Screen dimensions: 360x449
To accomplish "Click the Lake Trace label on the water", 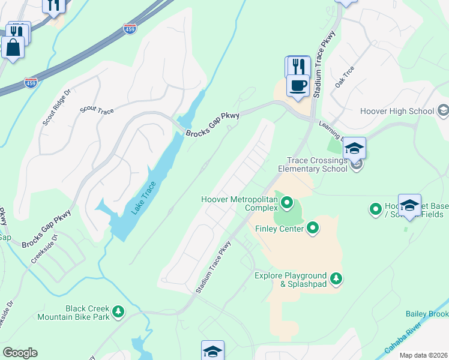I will click(x=144, y=198).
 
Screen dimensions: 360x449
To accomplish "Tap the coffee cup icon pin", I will click(x=298, y=85).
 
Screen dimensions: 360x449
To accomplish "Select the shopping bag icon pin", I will click(x=13, y=47).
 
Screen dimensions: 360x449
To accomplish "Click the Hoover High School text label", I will click(x=397, y=111).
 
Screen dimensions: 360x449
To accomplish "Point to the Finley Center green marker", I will click(x=313, y=227).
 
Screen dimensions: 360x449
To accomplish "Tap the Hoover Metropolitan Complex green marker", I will click(x=286, y=203).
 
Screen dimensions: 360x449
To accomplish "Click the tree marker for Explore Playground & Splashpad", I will click(x=337, y=278).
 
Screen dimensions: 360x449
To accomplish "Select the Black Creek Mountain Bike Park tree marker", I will click(x=119, y=311).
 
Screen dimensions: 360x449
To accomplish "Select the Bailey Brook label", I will click(x=427, y=314).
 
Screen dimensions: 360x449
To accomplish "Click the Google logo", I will click(x=20, y=352).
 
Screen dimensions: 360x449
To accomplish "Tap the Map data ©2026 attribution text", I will click(x=423, y=355).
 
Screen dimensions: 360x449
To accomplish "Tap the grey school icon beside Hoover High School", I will click(x=443, y=111).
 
